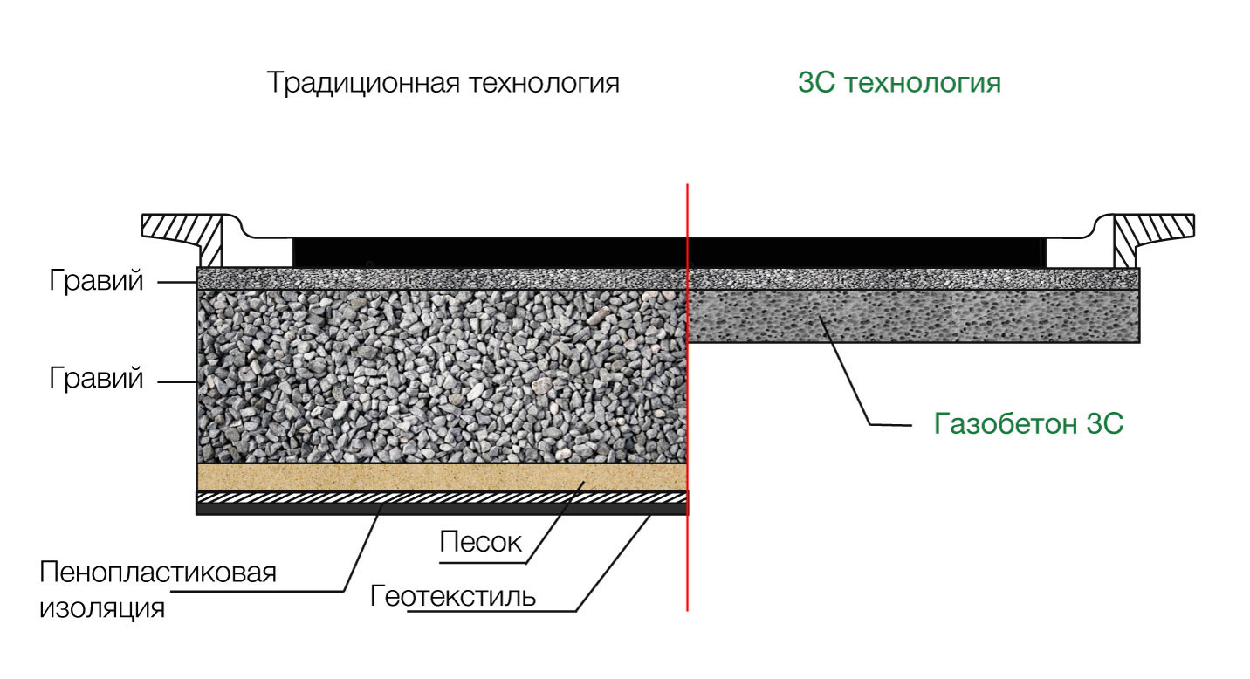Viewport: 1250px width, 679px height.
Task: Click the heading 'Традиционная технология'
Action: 443,84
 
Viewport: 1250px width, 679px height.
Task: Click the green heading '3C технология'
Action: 900,83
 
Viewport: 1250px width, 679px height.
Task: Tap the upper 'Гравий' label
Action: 96,280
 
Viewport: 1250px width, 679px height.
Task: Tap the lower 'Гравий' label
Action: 96,378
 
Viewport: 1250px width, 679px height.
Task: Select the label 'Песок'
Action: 480,542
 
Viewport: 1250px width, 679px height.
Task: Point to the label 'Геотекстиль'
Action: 452,596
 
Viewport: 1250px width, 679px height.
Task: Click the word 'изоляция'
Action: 102,608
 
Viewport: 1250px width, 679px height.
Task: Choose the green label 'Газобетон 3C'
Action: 1028,424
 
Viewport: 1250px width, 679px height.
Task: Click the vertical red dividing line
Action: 688,397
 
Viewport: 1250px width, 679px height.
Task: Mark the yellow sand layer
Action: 442,477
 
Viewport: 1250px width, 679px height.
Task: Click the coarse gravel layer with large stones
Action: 442,376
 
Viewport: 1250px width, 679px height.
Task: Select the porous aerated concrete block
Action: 914,316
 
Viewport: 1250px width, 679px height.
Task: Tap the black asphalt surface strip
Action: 670,252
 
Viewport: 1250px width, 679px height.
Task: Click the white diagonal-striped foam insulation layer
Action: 442,498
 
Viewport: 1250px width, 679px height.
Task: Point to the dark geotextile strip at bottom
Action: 442,510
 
